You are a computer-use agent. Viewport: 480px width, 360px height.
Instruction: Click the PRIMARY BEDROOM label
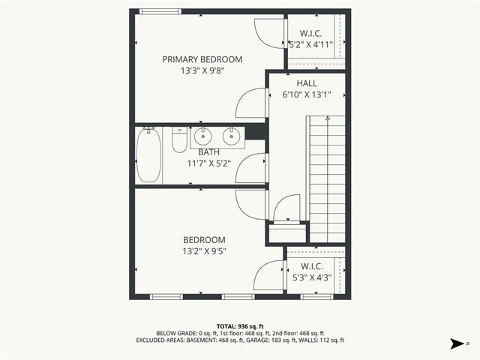[202, 59]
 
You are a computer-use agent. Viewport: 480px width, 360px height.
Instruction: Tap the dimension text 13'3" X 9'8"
[202, 72]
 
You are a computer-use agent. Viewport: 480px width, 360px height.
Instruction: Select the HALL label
[306, 83]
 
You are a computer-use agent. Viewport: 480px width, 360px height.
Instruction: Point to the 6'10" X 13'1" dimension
[306, 95]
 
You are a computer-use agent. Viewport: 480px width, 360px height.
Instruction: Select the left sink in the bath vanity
[202, 136]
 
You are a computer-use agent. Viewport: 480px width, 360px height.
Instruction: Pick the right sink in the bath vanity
[231, 136]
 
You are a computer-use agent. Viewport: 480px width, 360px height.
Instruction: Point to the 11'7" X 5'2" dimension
[204, 163]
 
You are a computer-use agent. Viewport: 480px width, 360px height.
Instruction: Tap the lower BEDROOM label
[203, 240]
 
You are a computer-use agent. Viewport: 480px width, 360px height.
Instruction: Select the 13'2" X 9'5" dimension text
[203, 252]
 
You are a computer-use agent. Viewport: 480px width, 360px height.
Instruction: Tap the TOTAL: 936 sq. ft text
[239, 325]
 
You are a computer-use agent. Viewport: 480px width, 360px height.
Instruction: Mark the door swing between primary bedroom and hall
[251, 103]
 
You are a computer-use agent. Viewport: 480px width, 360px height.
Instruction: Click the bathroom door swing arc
[251, 169]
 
